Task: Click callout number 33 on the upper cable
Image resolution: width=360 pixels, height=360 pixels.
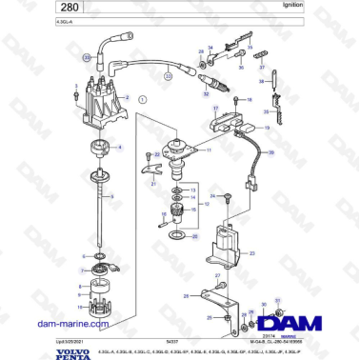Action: pos(87,59)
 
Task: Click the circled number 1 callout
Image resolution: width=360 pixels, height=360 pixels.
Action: pos(143,98)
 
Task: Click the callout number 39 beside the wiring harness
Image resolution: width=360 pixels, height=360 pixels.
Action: pos(271,152)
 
